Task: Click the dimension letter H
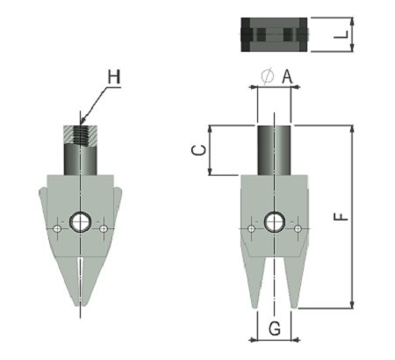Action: [114, 77]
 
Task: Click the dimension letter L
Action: [341, 35]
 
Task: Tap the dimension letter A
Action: [287, 77]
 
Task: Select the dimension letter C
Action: [198, 150]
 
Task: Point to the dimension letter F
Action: [341, 217]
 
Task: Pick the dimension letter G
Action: [275, 328]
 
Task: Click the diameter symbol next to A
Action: [268, 76]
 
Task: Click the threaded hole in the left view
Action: [80, 135]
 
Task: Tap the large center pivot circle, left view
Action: [81, 222]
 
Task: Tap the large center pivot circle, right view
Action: [275, 222]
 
